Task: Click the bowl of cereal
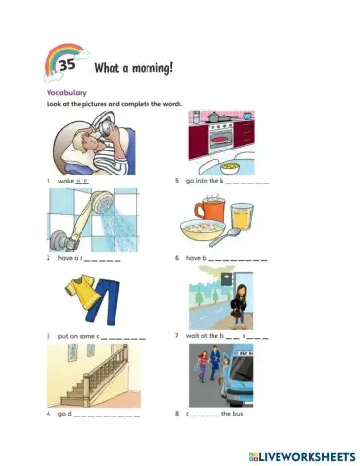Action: coord(203,233)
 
